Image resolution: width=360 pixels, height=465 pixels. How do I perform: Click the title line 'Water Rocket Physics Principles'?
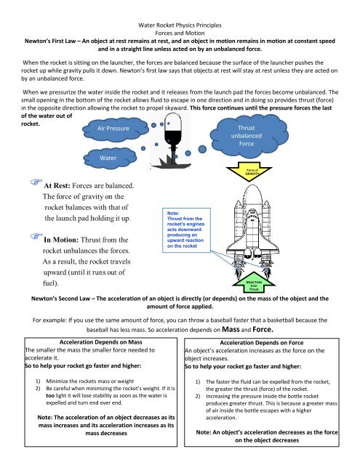tap(180, 25)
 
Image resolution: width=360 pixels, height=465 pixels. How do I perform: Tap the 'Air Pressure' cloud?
tap(113, 129)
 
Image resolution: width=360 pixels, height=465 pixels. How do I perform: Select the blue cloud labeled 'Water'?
tap(109, 158)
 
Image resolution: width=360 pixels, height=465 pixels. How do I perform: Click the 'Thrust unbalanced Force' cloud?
tap(249, 136)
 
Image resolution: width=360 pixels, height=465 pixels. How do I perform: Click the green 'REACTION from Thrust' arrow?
tap(254, 283)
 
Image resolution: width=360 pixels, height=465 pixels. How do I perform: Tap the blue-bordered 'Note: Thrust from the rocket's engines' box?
tap(186, 230)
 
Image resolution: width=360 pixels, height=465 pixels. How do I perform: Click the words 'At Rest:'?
tap(57, 186)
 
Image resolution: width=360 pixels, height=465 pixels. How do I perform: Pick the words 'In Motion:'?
tap(61, 240)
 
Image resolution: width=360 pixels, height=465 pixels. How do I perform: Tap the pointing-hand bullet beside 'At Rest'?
tap(36, 182)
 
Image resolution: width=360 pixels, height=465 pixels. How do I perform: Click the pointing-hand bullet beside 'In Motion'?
tap(36, 236)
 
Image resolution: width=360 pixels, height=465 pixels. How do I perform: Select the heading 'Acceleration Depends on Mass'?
tap(101, 342)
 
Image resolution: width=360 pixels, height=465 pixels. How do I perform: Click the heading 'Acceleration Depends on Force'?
tap(262, 343)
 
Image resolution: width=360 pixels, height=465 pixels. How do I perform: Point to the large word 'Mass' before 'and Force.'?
tap(231, 329)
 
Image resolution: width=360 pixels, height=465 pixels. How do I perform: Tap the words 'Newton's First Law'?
tap(50, 41)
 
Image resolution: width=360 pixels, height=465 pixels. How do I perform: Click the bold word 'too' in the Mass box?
tap(50, 395)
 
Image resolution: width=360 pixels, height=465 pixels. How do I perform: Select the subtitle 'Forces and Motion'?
tap(180, 33)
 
